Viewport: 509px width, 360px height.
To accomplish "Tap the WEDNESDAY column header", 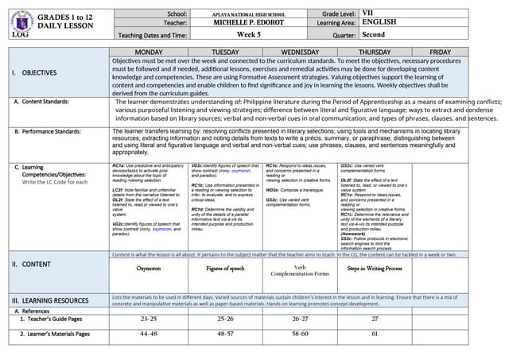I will click(x=301, y=51).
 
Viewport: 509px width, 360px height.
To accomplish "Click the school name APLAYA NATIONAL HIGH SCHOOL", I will click(x=248, y=15).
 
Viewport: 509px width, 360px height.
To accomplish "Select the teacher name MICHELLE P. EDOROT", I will click(x=248, y=24).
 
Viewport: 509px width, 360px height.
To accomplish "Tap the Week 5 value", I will click(x=248, y=35).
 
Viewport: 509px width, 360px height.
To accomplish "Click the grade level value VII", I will click(x=367, y=14).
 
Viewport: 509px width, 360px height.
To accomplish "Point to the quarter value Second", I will click(x=373, y=35).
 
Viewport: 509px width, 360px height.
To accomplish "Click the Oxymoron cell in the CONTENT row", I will click(x=148, y=269).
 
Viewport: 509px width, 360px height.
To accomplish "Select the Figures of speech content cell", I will click(x=225, y=269).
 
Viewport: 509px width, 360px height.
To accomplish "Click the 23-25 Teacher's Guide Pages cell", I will click(x=148, y=318).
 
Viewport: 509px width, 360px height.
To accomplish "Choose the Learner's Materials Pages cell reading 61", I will click(x=375, y=334).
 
